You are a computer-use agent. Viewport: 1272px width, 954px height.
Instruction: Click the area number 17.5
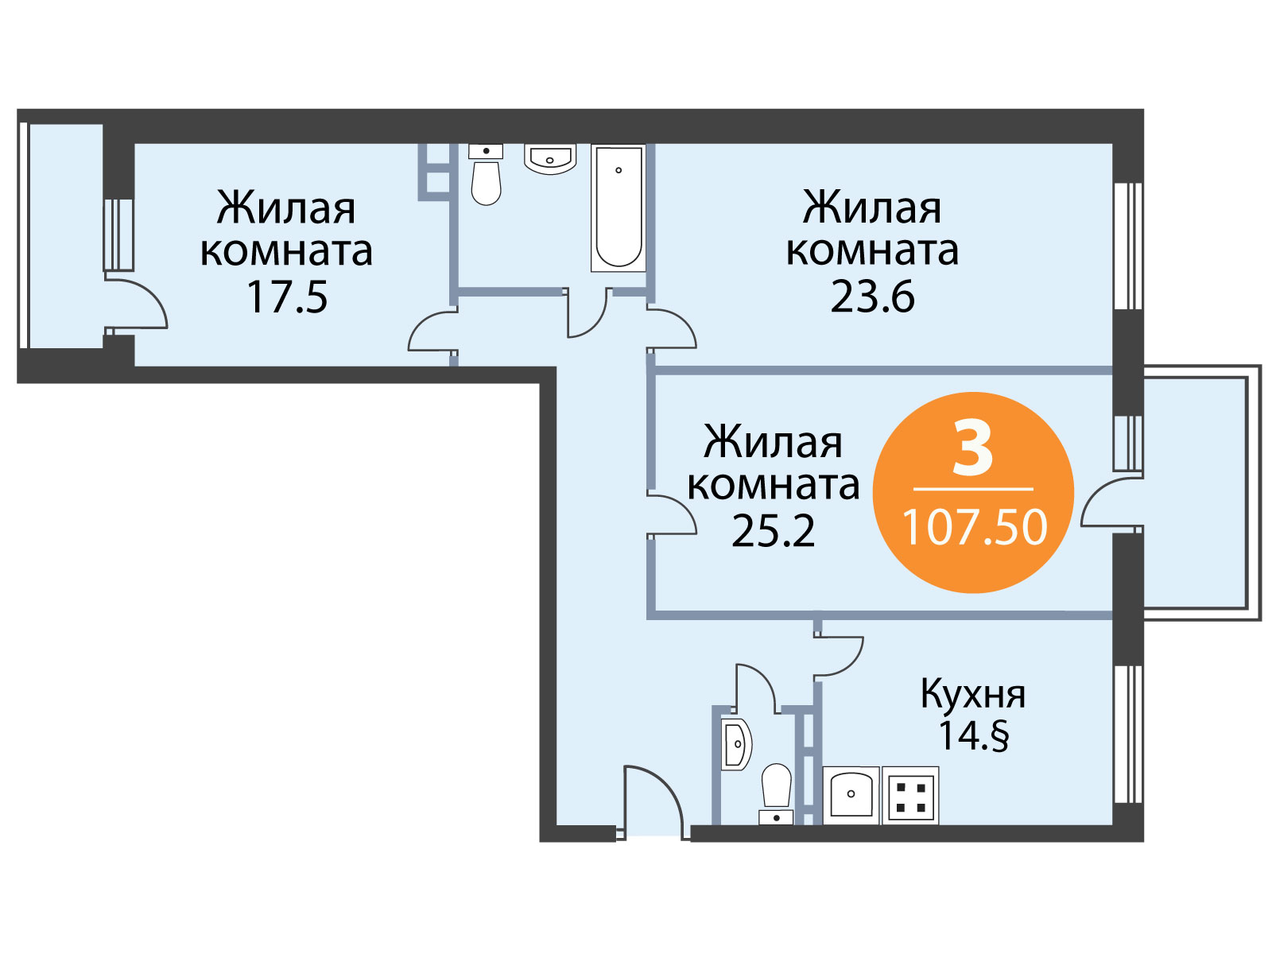coord(288,297)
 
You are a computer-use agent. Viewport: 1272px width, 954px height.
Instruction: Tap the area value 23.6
coord(872,297)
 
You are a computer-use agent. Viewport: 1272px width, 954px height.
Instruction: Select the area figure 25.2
coord(773,531)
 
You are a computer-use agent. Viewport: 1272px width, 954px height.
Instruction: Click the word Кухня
coord(973,696)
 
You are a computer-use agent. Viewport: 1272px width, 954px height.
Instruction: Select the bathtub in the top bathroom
coord(618,208)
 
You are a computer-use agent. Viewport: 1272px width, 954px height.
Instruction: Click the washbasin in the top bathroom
coord(550,158)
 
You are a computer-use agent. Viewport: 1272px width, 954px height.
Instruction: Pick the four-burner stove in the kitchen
coord(910,796)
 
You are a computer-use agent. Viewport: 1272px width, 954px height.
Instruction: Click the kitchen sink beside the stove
coord(851,796)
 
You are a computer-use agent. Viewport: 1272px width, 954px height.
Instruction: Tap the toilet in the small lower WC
coord(776,793)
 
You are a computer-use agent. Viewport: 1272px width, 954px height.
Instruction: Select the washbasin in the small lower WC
coord(736,744)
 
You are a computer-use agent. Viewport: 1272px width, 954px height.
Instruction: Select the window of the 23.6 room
coord(1127,246)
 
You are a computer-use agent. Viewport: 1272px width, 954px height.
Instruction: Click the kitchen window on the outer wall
coord(1127,734)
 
